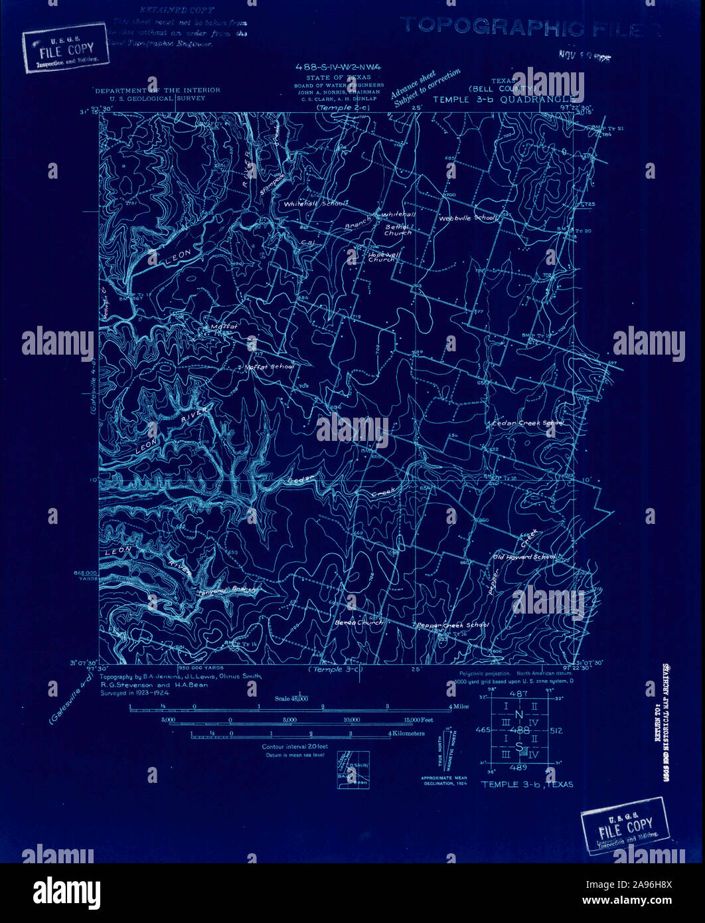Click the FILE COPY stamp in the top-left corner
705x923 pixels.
pos(65,47)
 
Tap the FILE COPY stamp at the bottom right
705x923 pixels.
pos(625,825)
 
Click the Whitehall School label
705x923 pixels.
pos(315,205)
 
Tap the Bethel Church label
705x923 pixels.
pos(398,230)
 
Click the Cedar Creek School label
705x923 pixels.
pos(528,422)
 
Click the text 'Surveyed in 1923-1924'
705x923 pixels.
pos(135,691)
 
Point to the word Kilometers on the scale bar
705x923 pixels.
pos(409,734)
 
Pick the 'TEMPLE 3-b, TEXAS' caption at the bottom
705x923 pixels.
pos(527,784)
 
